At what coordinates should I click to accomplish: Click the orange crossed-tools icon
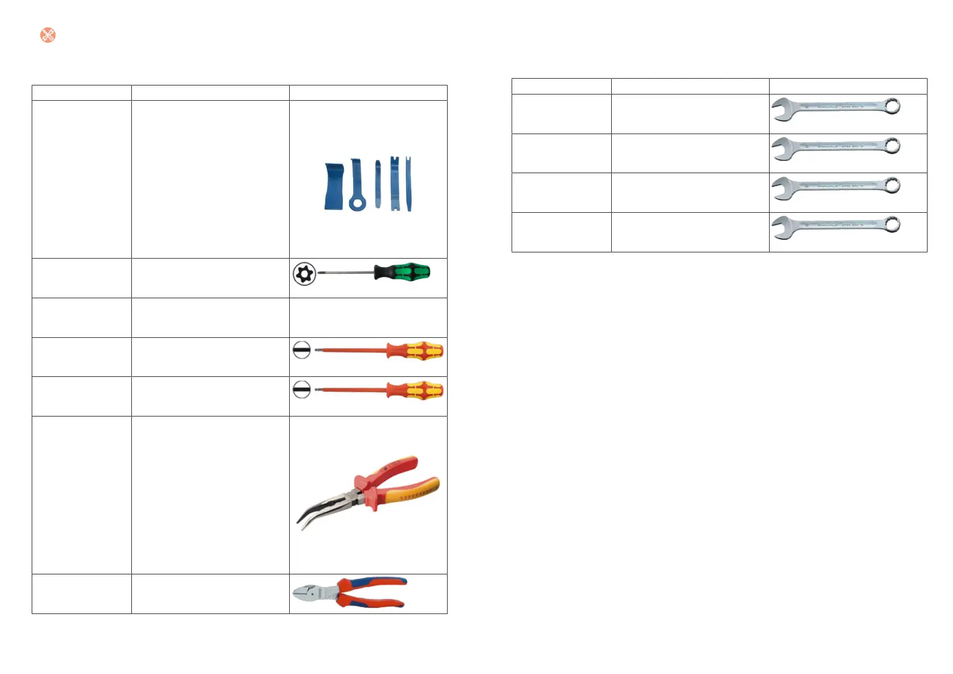(48, 35)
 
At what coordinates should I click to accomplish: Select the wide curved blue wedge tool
(333, 187)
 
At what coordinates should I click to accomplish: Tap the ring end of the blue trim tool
(357, 203)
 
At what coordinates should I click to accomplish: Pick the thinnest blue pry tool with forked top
(409, 184)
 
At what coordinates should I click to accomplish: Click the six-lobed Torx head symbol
(304, 274)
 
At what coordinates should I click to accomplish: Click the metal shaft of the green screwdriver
(345, 273)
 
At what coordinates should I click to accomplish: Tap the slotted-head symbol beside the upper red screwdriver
(302, 350)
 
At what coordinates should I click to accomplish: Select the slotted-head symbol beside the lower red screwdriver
(302, 390)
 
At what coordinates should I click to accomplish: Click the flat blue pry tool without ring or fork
(377, 184)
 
